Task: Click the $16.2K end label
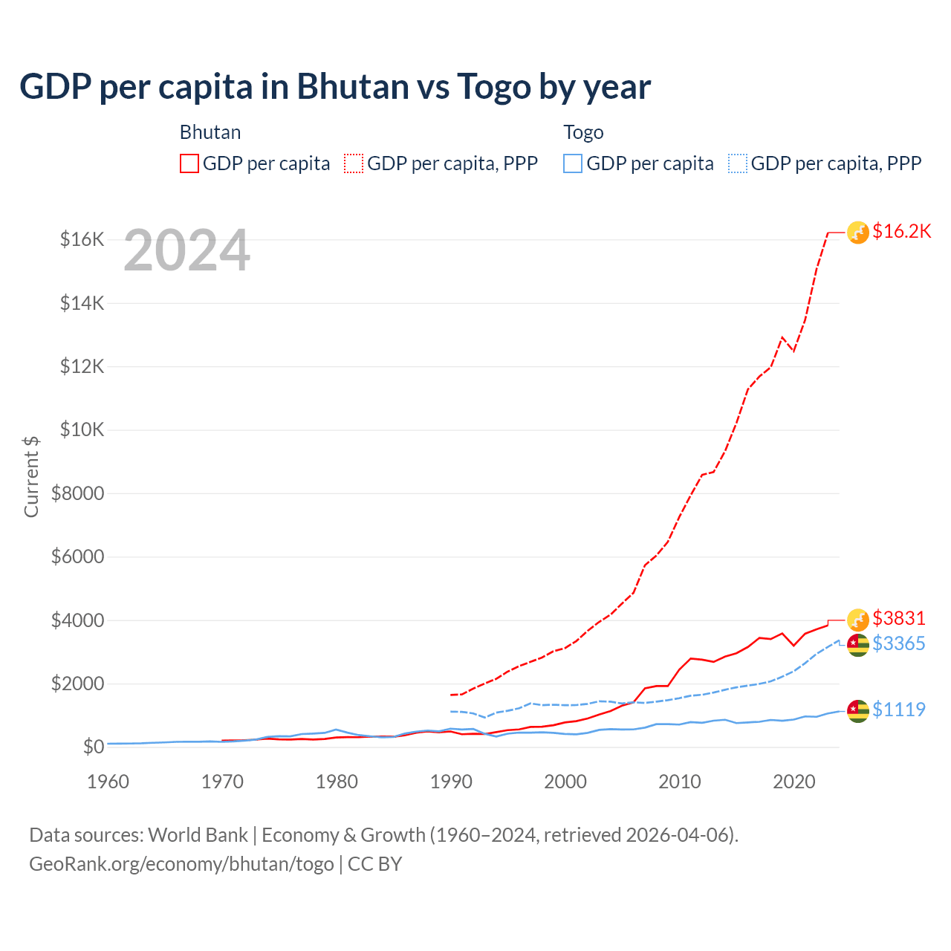[901, 232]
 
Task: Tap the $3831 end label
[898, 618]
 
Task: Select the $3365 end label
[898, 643]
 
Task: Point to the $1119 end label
[898, 710]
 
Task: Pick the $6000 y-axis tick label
[77, 556]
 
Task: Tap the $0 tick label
[93, 747]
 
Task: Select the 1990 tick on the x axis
[451, 782]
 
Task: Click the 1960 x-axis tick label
[108, 782]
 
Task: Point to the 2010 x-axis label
[680, 782]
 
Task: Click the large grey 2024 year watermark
[186, 250]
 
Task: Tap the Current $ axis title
[31, 476]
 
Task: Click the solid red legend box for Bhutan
[189, 163]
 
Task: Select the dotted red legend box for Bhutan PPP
[354, 163]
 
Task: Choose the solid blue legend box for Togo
[573, 163]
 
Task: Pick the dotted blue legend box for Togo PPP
[738, 163]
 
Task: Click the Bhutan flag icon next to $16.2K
[858, 233]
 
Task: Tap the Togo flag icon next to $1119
[858, 710]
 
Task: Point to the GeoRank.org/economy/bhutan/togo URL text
[181, 864]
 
